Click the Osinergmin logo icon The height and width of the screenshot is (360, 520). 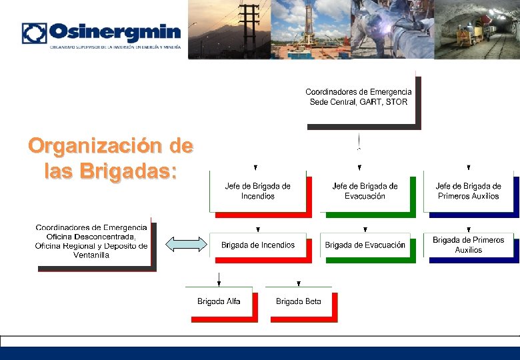(34, 33)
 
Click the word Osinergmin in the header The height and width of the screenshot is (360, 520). (115, 32)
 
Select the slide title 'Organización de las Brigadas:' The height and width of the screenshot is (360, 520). (111, 158)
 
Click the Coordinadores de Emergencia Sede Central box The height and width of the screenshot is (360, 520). (359, 97)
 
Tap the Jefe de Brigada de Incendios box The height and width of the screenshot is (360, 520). (257, 191)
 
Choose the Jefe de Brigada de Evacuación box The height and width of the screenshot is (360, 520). (365, 191)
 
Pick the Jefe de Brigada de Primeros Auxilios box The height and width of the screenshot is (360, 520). (468, 191)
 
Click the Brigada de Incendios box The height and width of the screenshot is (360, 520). (258, 245)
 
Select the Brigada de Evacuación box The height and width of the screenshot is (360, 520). (365, 245)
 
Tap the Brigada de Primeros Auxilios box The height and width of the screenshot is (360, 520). (468, 245)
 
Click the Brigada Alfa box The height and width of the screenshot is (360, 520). (219, 302)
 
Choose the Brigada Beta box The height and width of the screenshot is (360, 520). (298, 302)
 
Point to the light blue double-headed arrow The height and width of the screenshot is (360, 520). (186, 245)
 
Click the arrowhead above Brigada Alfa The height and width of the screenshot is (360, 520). (219, 283)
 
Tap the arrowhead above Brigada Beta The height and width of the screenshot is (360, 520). (298, 283)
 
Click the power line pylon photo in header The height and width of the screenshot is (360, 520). (230, 29)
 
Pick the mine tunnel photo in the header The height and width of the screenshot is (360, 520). (477, 29)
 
